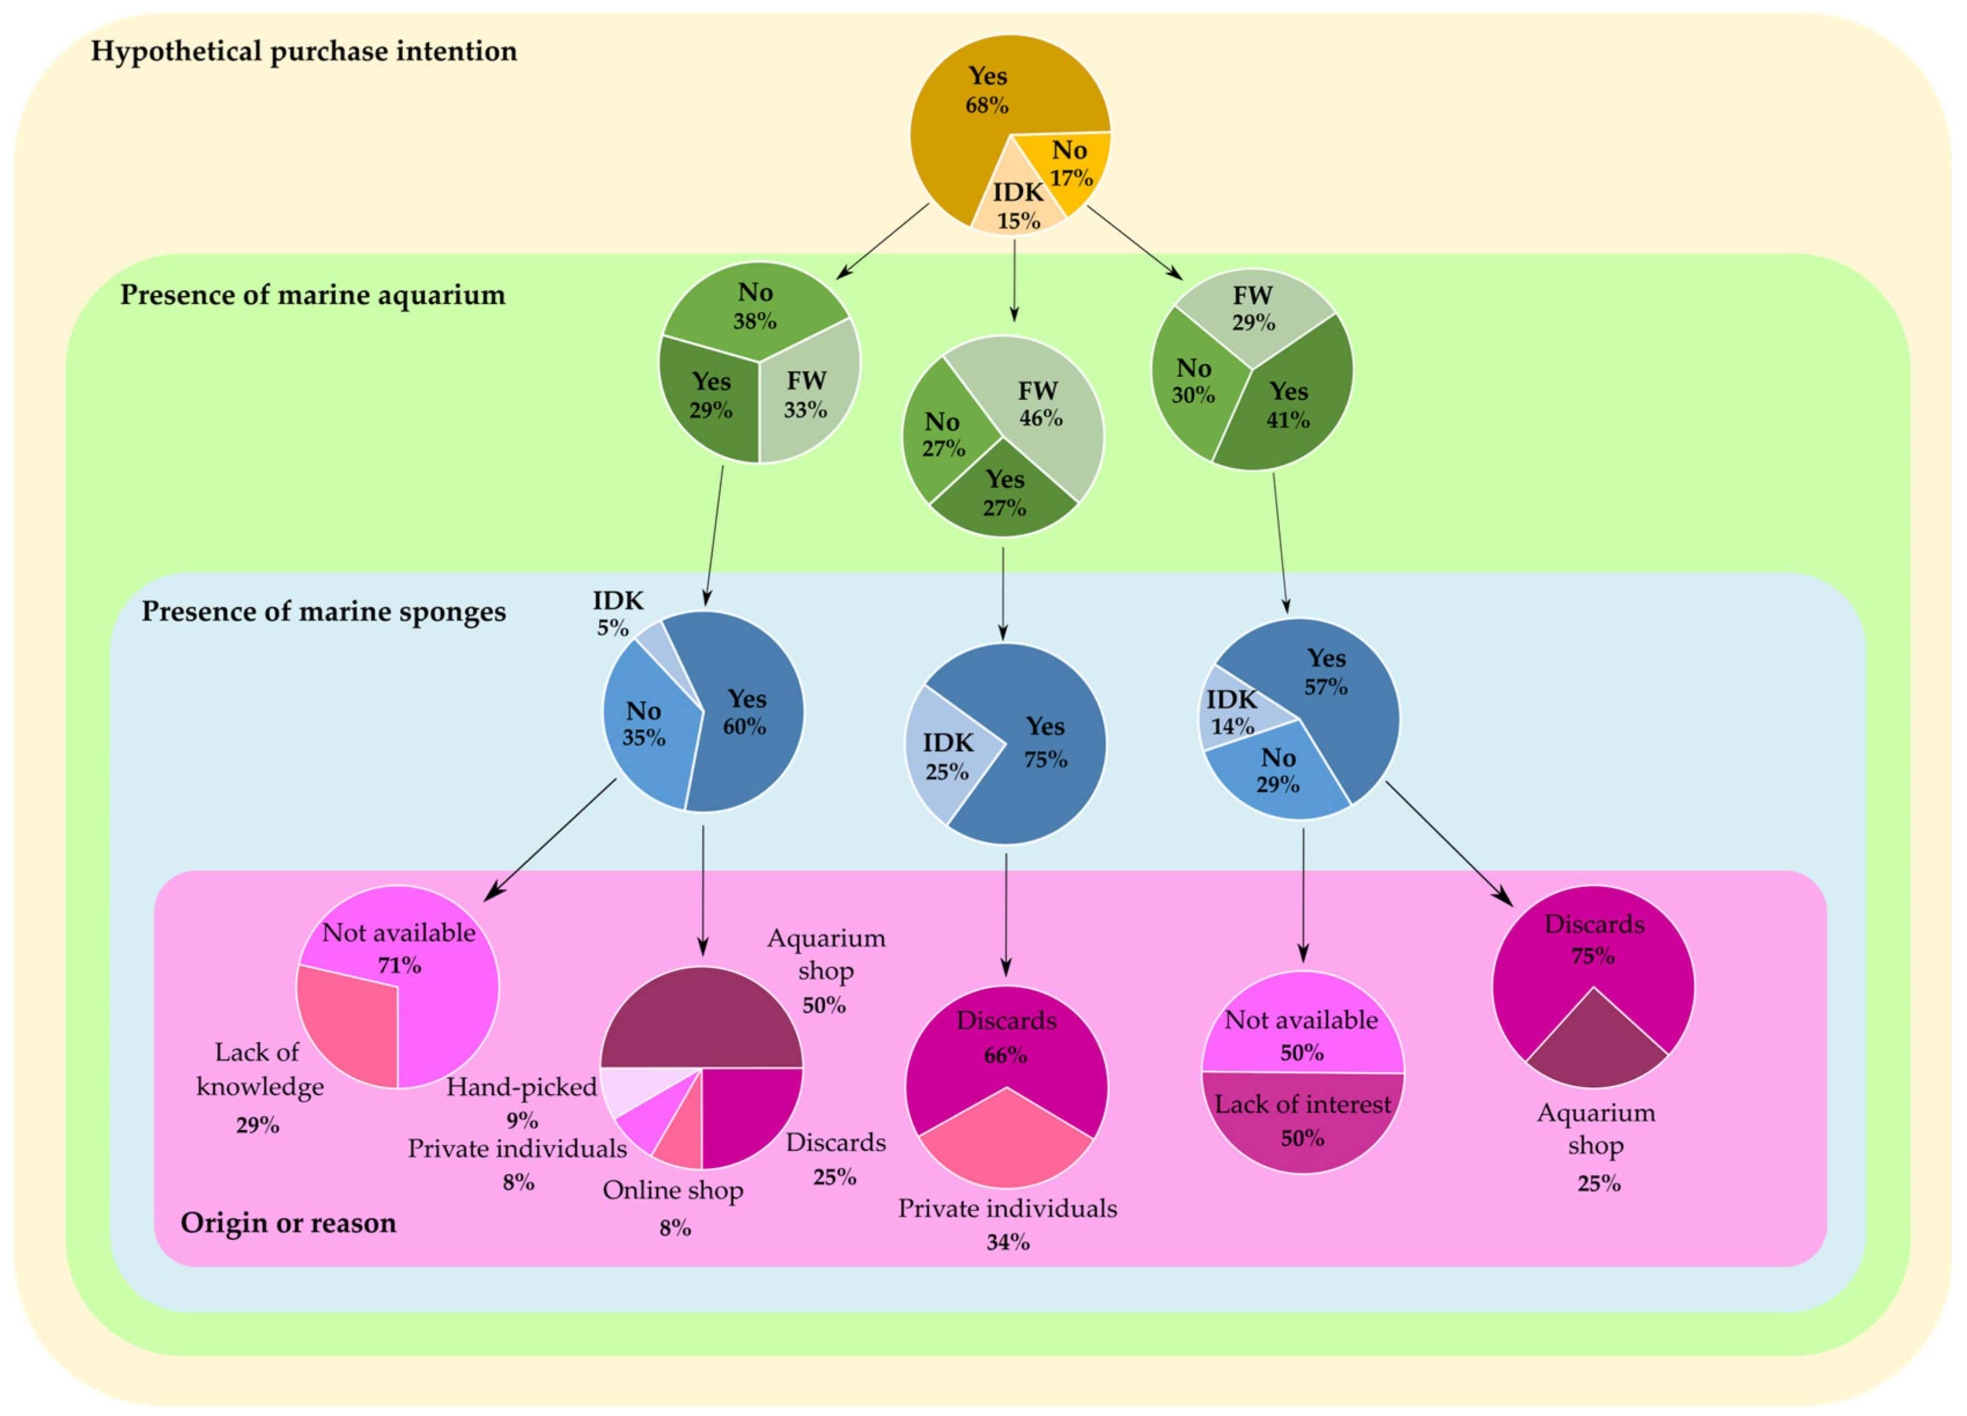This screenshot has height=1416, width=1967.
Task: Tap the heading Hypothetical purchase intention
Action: (304, 51)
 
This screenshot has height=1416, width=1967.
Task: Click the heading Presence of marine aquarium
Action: (312, 295)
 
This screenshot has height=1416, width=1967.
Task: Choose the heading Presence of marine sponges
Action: (323, 611)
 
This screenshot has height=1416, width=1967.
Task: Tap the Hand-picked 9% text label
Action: (521, 1101)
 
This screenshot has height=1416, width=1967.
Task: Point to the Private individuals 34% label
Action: (1007, 1223)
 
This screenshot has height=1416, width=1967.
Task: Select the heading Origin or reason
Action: (288, 1223)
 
